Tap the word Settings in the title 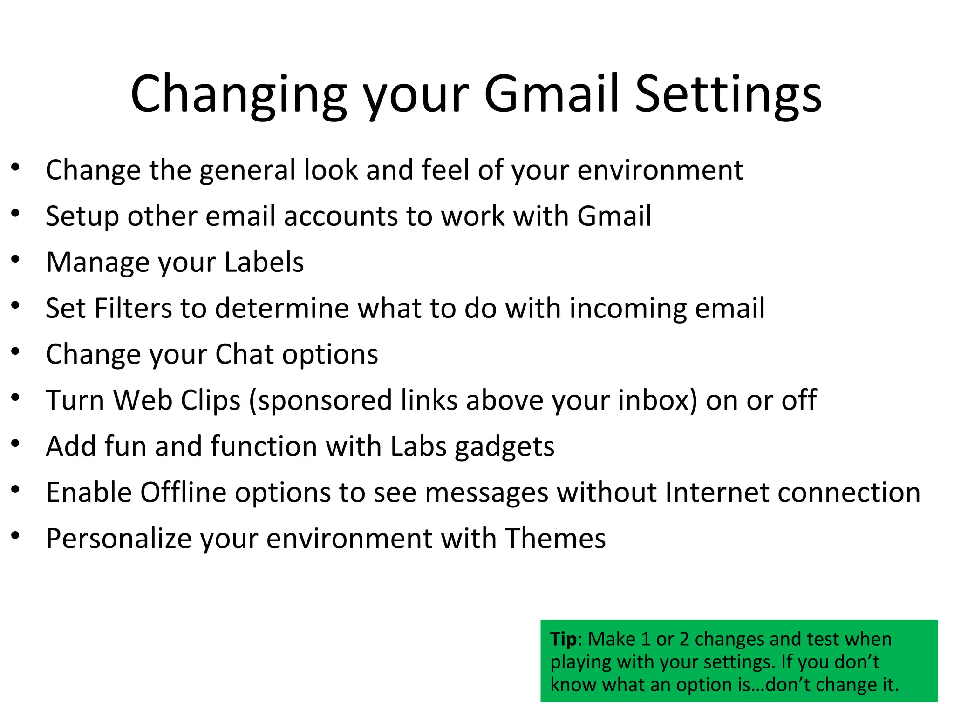(x=729, y=95)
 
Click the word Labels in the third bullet (x=264, y=262)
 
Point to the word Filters (x=133, y=308)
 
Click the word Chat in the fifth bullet (x=244, y=354)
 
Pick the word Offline (x=183, y=492)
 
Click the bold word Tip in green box (x=563, y=639)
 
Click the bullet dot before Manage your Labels (x=16, y=259)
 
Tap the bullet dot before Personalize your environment (x=16, y=536)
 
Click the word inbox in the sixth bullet (x=657, y=400)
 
